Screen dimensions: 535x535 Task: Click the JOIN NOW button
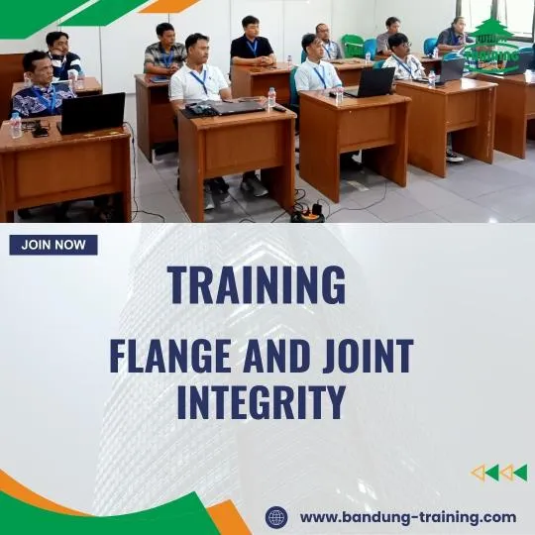coord(53,245)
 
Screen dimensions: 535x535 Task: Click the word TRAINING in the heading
coord(257,285)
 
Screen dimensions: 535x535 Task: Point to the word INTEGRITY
coord(262,402)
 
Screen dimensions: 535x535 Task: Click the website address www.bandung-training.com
coord(407,516)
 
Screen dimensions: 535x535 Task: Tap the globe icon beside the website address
coord(276,516)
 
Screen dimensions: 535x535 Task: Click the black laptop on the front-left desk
coord(92,113)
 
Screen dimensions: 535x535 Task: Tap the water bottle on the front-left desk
coord(16,124)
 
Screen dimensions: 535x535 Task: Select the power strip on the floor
coord(307,212)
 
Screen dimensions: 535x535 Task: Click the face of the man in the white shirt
coord(196,48)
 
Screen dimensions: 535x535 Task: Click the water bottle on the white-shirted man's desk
coord(271,98)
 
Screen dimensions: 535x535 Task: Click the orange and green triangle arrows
coord(498,473)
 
